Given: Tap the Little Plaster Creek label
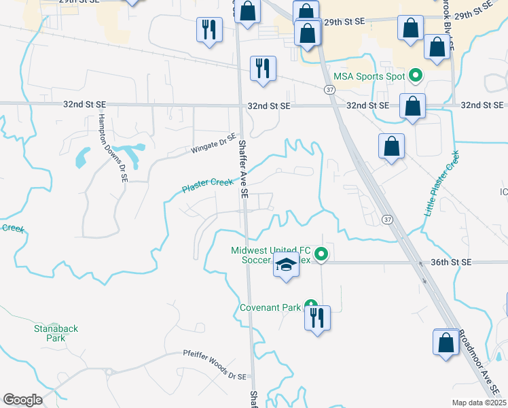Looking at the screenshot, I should [442, 184].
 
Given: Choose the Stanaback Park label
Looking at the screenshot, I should [56, 333].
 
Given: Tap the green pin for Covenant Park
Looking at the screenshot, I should [311, 305].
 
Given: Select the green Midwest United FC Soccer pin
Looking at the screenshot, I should [323, 256].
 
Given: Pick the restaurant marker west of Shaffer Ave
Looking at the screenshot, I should [208, 30].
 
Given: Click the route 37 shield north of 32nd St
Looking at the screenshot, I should [329, 89].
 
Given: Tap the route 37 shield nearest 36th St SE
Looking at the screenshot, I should [386, 219].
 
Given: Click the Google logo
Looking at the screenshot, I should [23, 400].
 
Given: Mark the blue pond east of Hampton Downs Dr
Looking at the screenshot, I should [84, 158].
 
